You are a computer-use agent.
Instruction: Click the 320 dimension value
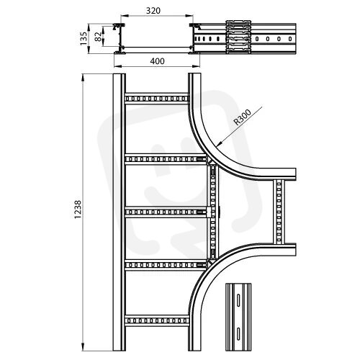pyautogui.click(x=153, y=11)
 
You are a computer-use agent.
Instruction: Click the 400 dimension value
pyautogui.click(x=158, y=61)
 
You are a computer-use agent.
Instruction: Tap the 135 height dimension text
pyautogui.click(x=84, y=39)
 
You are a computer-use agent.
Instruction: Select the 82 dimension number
pyautogui.click(x=98, y=37)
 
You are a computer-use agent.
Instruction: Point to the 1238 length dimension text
pyautogui.click(x=78, y=210)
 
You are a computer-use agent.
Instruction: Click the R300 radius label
pyautogui.click(x=243, y=117)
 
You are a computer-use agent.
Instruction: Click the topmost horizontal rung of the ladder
pyautogui.click(x=156, y=99)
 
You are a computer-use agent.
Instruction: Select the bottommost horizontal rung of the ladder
pyautogui.click(x=156, y=320)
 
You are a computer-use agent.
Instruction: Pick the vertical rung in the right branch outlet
pyautogui.click(x=279, y=212)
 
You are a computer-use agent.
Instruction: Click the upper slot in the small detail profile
pyautogui.click(x=238, y=300)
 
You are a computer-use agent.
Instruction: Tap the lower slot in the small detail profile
pyautogui.click(x=238, y=334)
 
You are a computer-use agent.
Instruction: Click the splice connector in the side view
pyautogui.click(x=238, y=37)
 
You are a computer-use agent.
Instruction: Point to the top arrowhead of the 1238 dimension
pyautogui.click(x=83, y=77)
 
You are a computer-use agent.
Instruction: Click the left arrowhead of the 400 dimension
pyautogui.click(x=117, y=66)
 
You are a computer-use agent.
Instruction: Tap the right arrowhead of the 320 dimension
pyautogui.click(x=189, y=16)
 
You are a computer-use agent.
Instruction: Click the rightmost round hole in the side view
pyautogui.click(x=290, y=38)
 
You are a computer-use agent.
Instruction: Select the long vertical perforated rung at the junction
pyautogui.click(x=213, y=212)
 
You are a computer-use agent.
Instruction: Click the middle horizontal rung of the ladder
pyautogui.click(x=166, y=212)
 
